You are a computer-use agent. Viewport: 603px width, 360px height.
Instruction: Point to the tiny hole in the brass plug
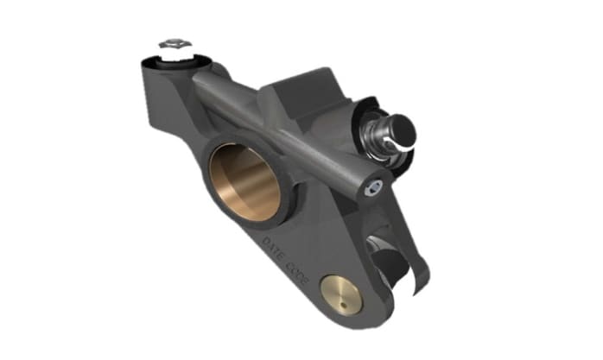343,297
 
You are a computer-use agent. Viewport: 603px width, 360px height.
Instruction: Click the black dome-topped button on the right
399,131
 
